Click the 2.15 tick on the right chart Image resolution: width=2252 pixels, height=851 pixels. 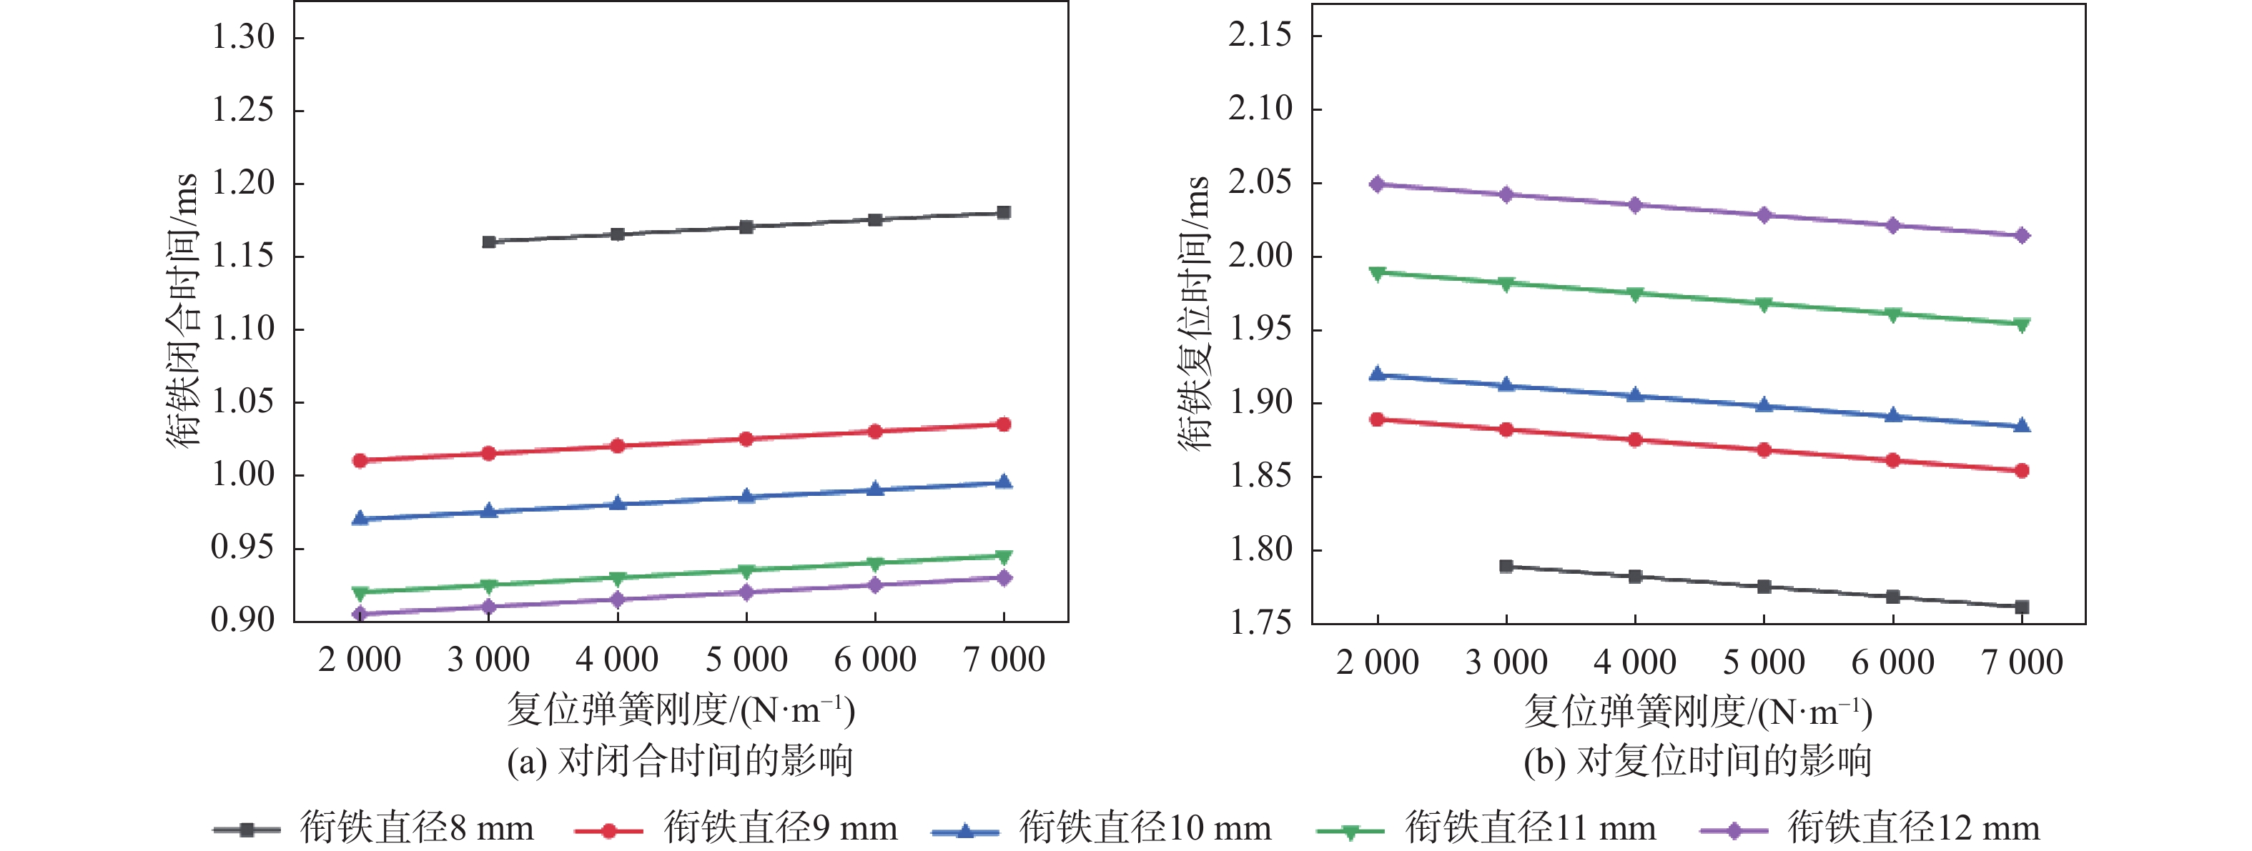point(1260,36)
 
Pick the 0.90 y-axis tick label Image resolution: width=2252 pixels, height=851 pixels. point(243,619)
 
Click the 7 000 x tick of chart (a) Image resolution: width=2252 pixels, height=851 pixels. point(1004,660)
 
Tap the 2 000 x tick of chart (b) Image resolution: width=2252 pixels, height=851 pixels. point(1378,662)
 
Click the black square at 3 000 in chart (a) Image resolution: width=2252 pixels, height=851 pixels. point(489,241)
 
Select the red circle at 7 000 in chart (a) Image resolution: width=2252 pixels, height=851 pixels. point(1004,424)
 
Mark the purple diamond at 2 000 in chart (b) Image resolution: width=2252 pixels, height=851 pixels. point(1378,184)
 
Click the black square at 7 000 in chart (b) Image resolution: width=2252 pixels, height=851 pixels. point(2022,607)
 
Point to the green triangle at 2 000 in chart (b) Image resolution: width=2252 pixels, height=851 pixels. point(1378,274)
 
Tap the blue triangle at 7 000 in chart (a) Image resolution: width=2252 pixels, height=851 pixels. point(1004,482)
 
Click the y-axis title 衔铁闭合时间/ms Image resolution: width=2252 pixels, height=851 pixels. point(183,310)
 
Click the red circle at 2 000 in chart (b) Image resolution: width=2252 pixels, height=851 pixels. point(1378,419)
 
